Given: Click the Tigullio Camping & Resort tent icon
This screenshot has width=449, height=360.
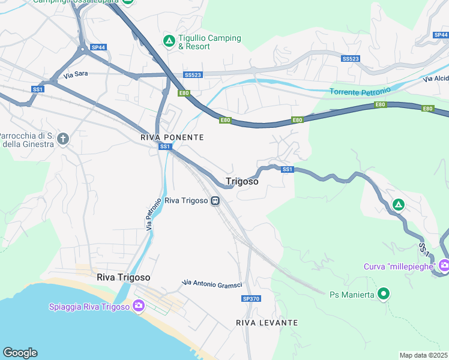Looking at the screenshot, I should click(169, 41).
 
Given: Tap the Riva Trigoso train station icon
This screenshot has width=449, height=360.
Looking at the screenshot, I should click(214, 201).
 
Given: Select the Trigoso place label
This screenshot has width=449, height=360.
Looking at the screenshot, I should click(242, 181).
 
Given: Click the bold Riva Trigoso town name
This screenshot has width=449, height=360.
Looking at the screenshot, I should click(123, 278).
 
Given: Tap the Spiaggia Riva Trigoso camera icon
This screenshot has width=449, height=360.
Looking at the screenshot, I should click(139, 307).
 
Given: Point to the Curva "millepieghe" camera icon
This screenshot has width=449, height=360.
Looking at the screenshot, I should click(444, 265).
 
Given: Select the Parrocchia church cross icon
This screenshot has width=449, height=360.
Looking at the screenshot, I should click(63, 139).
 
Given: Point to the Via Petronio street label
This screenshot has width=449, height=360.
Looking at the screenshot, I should click(154, 214).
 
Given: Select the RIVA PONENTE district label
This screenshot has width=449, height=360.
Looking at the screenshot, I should click(172, 137).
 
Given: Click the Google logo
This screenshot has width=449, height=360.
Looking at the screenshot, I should click(20, 353).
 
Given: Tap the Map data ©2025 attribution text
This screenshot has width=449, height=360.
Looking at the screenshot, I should click(424, 355).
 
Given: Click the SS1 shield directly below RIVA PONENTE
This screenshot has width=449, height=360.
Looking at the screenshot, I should click(166, 147).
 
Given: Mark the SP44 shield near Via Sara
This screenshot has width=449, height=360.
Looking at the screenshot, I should click(98, 47).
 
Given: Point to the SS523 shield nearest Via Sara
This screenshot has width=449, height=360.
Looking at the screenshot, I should click(193, 75).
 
